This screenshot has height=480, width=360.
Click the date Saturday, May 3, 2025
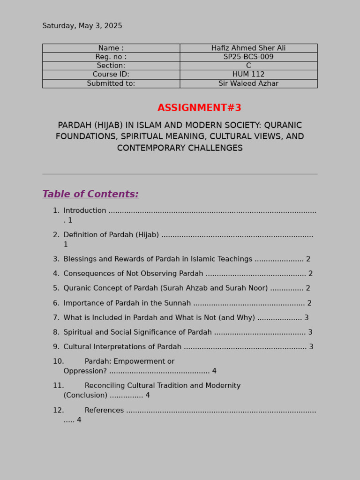coord(82,26)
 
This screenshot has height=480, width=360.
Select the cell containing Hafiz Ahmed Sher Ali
coord(248,48)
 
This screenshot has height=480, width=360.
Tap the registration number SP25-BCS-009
coord(248,57)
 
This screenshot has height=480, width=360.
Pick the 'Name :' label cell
coord(111,48)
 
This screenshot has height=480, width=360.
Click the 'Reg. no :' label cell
coord(111,57)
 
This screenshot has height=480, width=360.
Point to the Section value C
coord(248,66)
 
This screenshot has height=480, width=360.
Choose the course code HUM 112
coord(248,75)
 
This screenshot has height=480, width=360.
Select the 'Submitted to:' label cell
coord(111,83)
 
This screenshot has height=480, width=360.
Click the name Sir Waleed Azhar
coord(248,83)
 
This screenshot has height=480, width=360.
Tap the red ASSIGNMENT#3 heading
coord(199,108)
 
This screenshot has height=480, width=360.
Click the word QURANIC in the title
coord(283,126)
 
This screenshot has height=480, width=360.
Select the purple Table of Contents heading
coord(90,195)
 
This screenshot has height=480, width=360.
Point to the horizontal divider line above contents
coord(180,174)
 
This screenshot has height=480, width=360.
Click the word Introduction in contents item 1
coord(85,211)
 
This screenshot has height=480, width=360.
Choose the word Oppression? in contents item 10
coord(85,371)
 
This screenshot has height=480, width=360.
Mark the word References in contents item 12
coord(104,411)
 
